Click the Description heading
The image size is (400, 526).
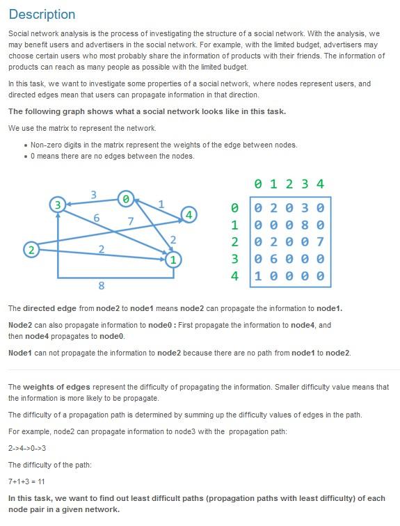point(42,15)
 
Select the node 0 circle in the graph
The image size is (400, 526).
point(125,199)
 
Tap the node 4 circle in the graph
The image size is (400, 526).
point(189,215)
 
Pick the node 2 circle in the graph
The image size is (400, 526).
point(30,249)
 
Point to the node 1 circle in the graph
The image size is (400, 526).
point(174,260)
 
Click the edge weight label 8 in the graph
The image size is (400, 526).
point(101,285)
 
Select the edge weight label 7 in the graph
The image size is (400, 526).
point(129,221)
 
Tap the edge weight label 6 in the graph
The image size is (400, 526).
point(96,218)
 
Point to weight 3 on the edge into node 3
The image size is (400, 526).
point(93,194)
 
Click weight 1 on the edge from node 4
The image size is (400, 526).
point(161,205)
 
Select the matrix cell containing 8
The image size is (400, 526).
point(304,225)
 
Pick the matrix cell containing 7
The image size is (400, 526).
point(320,241)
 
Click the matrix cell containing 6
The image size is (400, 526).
point(272,259)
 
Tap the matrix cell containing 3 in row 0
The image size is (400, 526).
point(304,208)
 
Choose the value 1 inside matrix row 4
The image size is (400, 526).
point(257,276)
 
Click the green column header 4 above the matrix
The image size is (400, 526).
point(320,184)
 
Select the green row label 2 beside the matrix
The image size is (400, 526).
point(234,241)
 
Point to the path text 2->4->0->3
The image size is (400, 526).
point(27,448)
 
